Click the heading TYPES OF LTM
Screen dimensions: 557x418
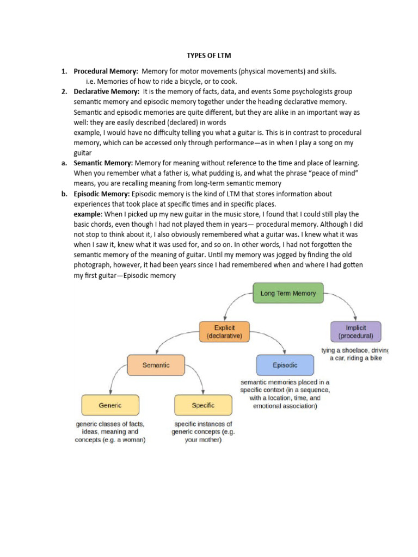coord(209,56)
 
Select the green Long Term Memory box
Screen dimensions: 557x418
coord(288,293)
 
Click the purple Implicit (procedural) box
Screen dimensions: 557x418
coord(355,332)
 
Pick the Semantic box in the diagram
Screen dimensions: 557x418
coord(156,366)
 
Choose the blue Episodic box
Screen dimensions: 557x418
coord(285,366)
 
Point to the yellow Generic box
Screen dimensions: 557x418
coord(110,405)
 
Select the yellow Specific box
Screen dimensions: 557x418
coord(202,405)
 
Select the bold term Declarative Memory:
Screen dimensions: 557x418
coord(107,91)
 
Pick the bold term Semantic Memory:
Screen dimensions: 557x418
coord(103,163)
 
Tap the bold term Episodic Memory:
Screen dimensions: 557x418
coord(102,194)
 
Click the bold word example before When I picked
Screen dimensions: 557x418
coord(87,214)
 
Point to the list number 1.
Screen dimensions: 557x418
coord(64,71)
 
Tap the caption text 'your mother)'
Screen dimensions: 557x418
coord(203,440)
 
